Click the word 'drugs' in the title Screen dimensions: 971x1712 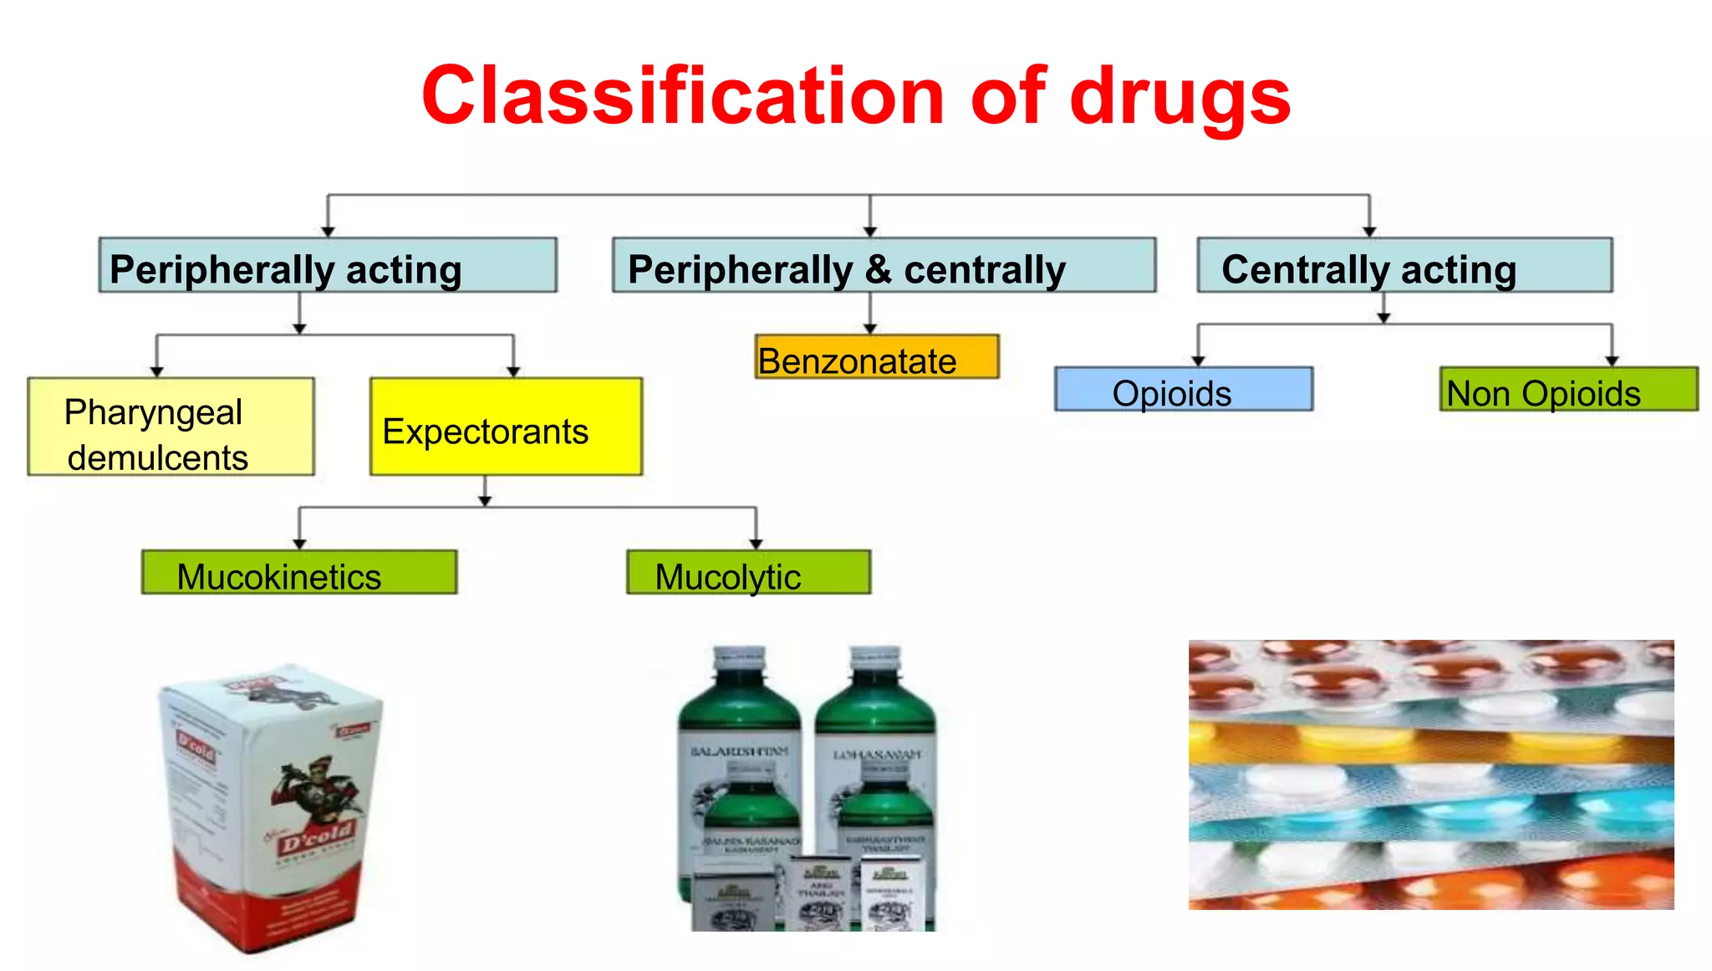pos(1180,99)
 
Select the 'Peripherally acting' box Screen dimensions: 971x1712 pos(327,266)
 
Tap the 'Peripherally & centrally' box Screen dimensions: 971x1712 pos(884,266)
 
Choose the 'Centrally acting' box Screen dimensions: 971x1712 pos(1404,266)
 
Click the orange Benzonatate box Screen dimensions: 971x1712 pos(876,358)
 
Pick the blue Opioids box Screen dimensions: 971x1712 pos(1183,390)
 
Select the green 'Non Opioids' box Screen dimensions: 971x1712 pos(1568,390)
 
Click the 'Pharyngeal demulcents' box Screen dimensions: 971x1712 pos(171,427)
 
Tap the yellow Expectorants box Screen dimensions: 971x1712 pos(506,427)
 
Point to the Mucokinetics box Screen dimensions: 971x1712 pos(298,573)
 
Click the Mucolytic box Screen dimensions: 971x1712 pos(748,573)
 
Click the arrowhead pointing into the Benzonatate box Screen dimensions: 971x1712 pos(870,330)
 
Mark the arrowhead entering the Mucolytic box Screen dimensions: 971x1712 pos(756,544)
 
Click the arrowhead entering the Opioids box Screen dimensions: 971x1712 pos(1198,361)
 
